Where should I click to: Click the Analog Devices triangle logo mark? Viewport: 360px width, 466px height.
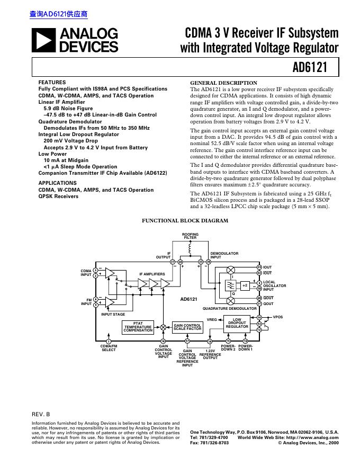[x=43, y=40]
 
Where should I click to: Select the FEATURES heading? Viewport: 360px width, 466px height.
[x=52, y=83]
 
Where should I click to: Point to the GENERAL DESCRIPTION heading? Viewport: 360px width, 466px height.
[x=223, y=83]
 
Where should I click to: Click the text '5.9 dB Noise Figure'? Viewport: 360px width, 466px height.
[x=68, y=108]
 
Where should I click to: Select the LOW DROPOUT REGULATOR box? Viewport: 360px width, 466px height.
[x=237, y=324]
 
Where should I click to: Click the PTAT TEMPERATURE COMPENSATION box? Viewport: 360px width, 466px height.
[x=138, y=327]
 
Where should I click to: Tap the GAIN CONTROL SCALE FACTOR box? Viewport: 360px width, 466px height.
[x=187, y=327]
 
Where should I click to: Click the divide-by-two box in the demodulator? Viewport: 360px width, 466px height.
[x=245, y=285]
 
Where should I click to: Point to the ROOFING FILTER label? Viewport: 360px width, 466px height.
[x=191, y=236]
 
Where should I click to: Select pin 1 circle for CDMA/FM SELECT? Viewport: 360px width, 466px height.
[x=109, y=341]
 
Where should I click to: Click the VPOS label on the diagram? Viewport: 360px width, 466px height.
[x=278, y=317]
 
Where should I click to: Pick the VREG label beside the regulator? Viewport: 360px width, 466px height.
[x=212, y=320]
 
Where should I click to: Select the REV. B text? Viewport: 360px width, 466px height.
[x=41, y=414]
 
